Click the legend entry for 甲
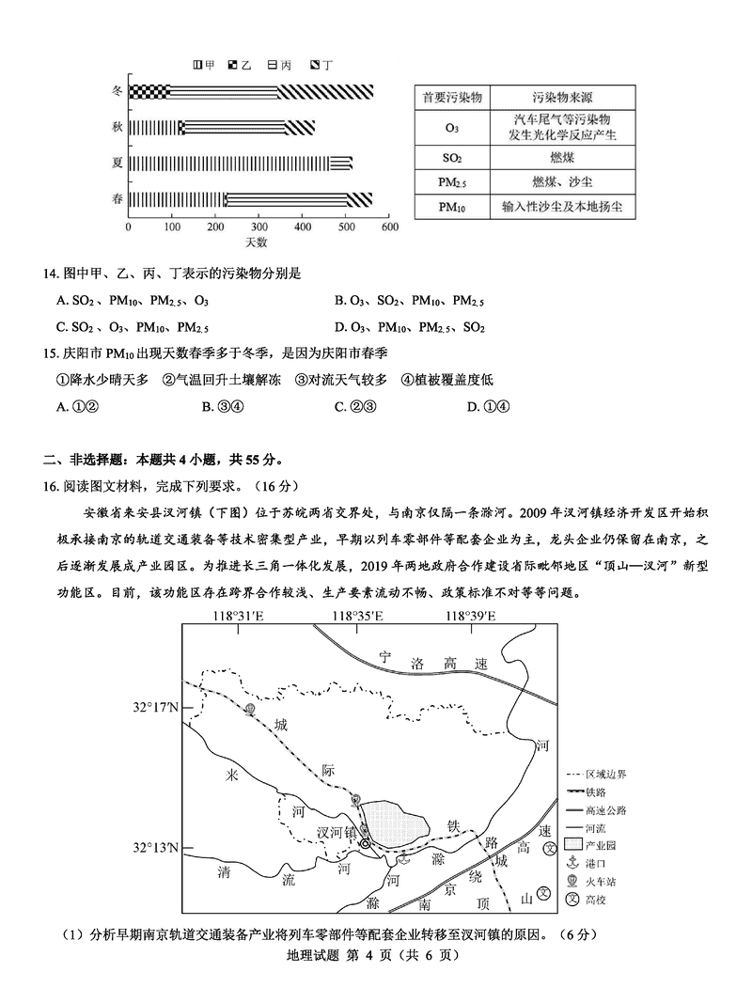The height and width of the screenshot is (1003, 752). point(204,66)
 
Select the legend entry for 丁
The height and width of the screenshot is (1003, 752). point(320,66)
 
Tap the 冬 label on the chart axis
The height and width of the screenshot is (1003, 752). point(117,91)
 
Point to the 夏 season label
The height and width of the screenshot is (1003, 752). point(117,163)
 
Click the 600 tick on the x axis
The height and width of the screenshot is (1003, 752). point(390,227)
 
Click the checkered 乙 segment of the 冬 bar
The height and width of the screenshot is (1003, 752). point(149,91)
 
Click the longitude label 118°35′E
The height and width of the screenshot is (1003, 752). point(356,616)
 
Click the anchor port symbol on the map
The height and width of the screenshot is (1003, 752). point(405,860)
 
